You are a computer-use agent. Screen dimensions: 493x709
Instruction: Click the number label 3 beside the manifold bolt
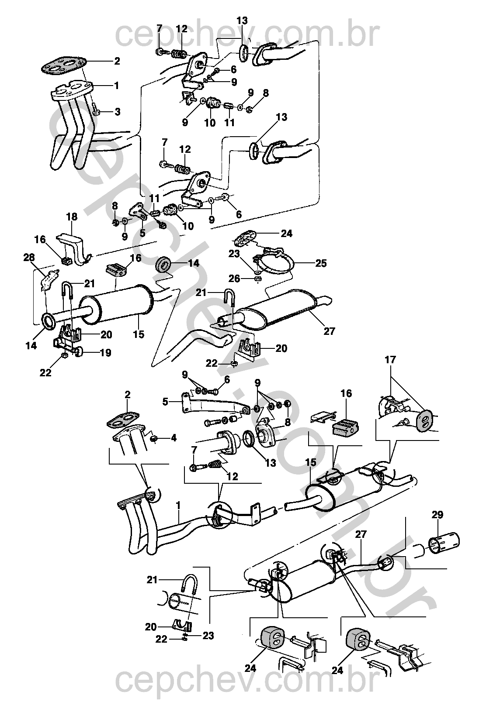tap(118, 112)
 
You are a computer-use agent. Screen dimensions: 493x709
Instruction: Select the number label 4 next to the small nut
tap(174, 438)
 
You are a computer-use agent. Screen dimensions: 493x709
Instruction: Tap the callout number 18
tap(72, 217)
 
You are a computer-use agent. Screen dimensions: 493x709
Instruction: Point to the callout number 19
tap(106, 353)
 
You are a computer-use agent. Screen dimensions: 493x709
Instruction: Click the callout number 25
tap(321, 263)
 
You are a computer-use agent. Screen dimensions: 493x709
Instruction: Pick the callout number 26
tap(235, 279)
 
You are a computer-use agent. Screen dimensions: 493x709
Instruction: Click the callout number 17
tap(390, 360)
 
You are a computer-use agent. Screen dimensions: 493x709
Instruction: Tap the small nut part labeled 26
tap(257, 279)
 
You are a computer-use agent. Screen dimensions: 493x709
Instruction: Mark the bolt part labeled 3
tap(96, 109)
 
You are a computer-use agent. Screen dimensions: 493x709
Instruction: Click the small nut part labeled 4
tap(155, 439)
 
